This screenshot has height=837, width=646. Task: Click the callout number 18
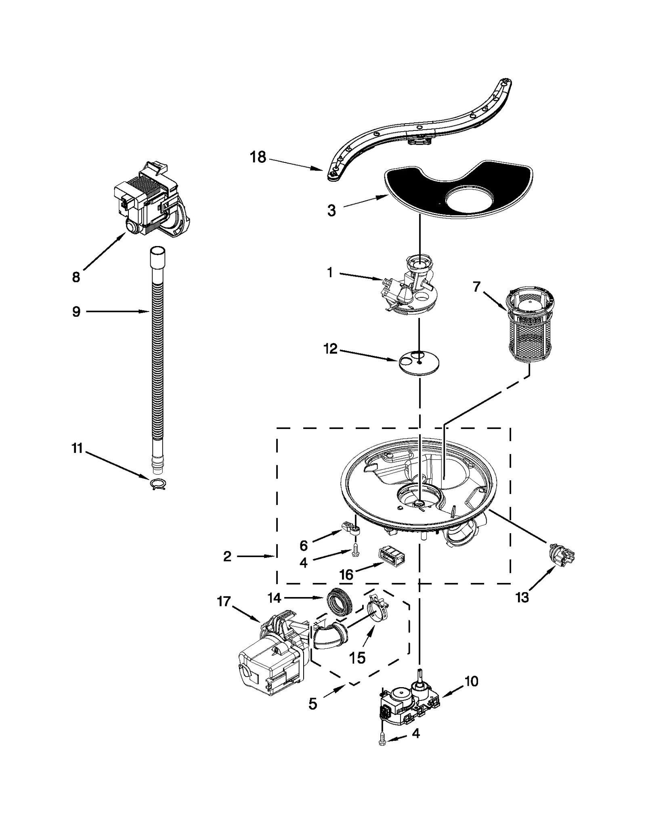258,157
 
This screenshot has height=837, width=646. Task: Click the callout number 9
76,311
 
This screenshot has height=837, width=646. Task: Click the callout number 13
522,597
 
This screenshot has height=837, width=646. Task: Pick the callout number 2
227,556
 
